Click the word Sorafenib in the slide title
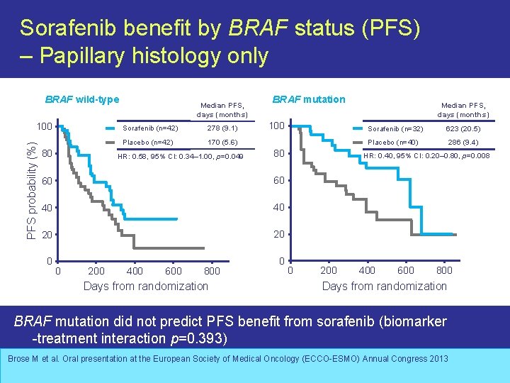pos(66,28)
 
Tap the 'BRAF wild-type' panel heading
pos(82,99)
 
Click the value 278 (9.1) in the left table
pos(222,128)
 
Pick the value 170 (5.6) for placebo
pos(222,142)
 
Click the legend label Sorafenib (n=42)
pos(150,128)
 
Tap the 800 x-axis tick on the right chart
pos(444,270)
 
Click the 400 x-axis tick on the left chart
pos(134,270)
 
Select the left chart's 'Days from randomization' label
pos(145,286)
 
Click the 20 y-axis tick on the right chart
pos(279,235)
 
